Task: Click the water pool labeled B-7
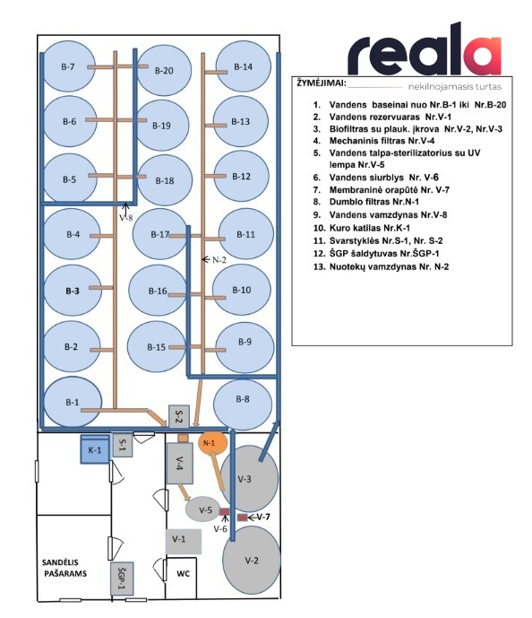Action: pyautogui.click(x=68, y=66)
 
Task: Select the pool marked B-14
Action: pyautogui.click(x=244, y=66)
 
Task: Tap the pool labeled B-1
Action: pyautogui.click(x=73, y=402)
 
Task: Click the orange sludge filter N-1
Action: pyautogui.click(x=212, y=443)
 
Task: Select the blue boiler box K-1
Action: pyautogui.click(x=95, y=449)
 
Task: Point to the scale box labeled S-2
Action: pyautogui.click(x=178, y=416)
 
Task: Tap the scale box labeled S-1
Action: pyautogui.click(x=123, y=446)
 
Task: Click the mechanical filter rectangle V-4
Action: pyautogui.click(x=180, y=464)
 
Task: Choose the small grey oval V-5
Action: pyautogui.click(x=204, y=509)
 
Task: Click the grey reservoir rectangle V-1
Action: pyautogui.click(x=184, y=542)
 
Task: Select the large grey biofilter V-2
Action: pyautogui.click(x=252, y=560)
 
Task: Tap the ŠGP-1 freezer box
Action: pyautogui.click(x=122, y=579)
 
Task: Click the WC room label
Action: pyautogui.click(x=183, y=573)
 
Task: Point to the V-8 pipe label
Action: pyautogui.click(x=126, y=218)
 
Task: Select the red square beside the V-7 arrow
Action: pyautogui.click(x=242, y=518)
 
